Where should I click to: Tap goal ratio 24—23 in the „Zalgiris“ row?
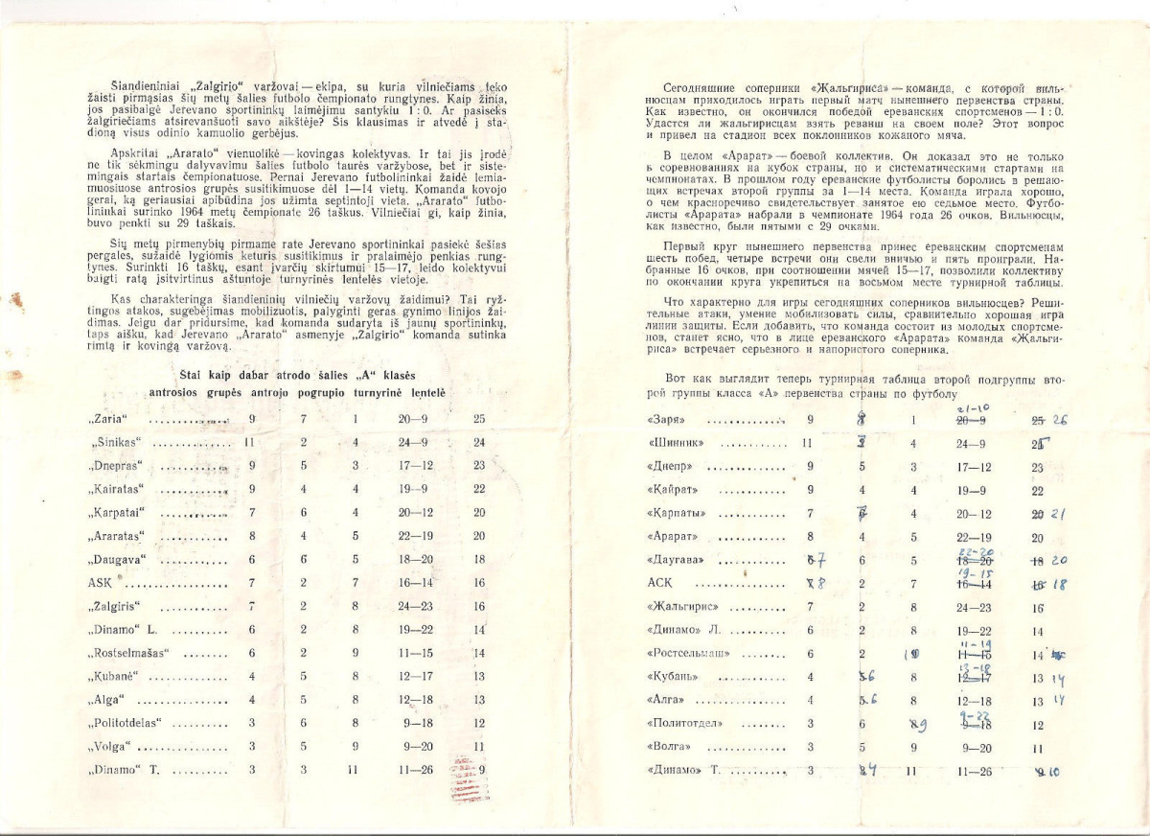414,606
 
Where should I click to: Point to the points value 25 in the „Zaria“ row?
479,419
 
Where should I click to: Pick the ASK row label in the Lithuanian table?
100,583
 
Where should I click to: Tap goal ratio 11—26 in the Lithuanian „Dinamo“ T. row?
414,769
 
